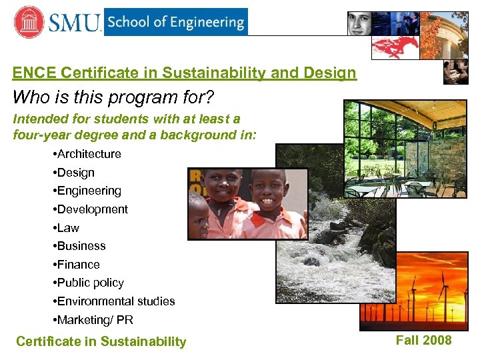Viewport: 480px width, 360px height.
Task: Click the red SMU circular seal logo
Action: pyautogui.click(x=29, y=22)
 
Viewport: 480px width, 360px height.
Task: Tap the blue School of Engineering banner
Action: pyautogui.click(x=175, y=22)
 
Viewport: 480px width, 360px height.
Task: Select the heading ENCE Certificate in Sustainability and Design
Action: pyautogui.click(x=185, y=73)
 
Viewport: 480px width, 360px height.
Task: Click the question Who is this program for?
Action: pyautogui.click(x=113, y=97)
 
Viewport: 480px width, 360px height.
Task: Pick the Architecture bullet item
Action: pyautogui.click(x=87, y=154)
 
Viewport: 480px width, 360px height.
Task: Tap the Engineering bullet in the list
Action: pyautogui.click(x=87, y=191)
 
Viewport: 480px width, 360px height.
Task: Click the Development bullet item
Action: pyautogui.click(x=90, y=209)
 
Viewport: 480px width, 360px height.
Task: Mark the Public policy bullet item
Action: pyautogui.click(x=88, y=283)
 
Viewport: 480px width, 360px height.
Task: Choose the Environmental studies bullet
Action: pyautogui.click(x=113, y=301)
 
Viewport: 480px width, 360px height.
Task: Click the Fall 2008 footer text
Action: pyautogui.click(x=423, y=340)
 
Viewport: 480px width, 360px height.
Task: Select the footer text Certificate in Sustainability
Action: pyautogui.click(x=101, y=342)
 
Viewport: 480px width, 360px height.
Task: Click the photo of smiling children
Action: pyautogui.click(x=247, y=203)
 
